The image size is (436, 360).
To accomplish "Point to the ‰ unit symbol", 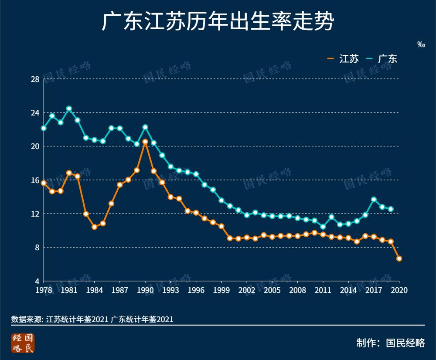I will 421,44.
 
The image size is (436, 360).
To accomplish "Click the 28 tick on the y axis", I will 35,79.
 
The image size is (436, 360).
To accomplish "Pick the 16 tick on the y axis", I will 35,180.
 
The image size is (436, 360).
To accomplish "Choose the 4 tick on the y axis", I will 37,281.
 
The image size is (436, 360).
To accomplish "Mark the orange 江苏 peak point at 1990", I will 145,142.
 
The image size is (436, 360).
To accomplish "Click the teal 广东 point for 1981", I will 69,109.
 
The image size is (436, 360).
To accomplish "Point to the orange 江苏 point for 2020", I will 399,258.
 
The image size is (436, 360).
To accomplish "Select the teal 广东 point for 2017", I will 374,199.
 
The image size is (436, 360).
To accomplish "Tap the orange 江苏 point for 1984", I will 94,227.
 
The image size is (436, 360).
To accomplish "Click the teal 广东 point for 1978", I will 44,128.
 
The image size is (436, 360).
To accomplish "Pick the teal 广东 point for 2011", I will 323,227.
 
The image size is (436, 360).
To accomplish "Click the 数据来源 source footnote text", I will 92,319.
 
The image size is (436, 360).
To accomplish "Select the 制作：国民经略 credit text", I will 390,343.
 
